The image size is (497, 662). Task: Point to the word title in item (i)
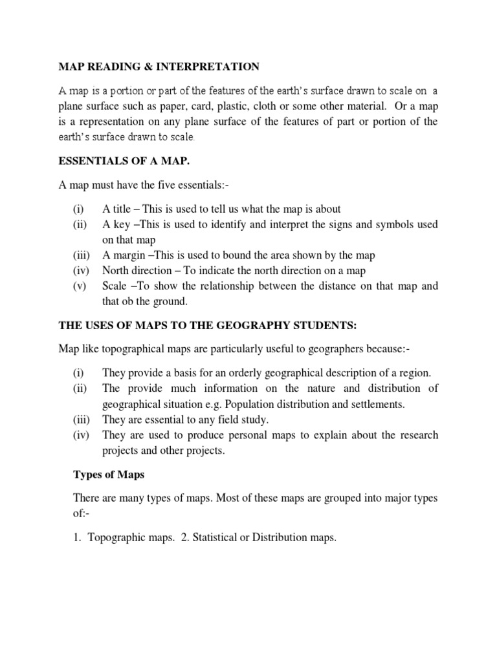pos(123,209)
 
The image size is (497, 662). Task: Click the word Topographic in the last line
pos(115,537)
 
